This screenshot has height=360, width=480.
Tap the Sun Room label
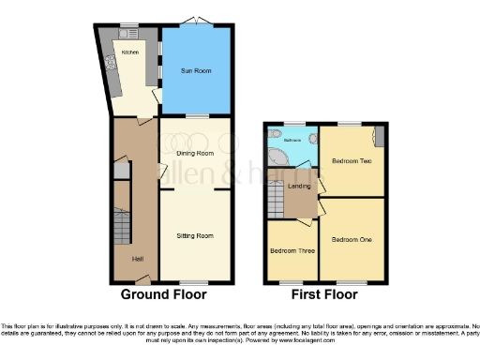coord(195,70)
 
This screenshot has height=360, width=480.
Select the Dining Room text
coord(195,153)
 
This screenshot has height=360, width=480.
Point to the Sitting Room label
coord(195,236)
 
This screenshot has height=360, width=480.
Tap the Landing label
coord(300,186)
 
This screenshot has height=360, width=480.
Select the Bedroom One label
coord(352,240)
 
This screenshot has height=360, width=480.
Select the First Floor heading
coord(323,294)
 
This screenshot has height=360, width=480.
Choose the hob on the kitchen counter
coord(110,65)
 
